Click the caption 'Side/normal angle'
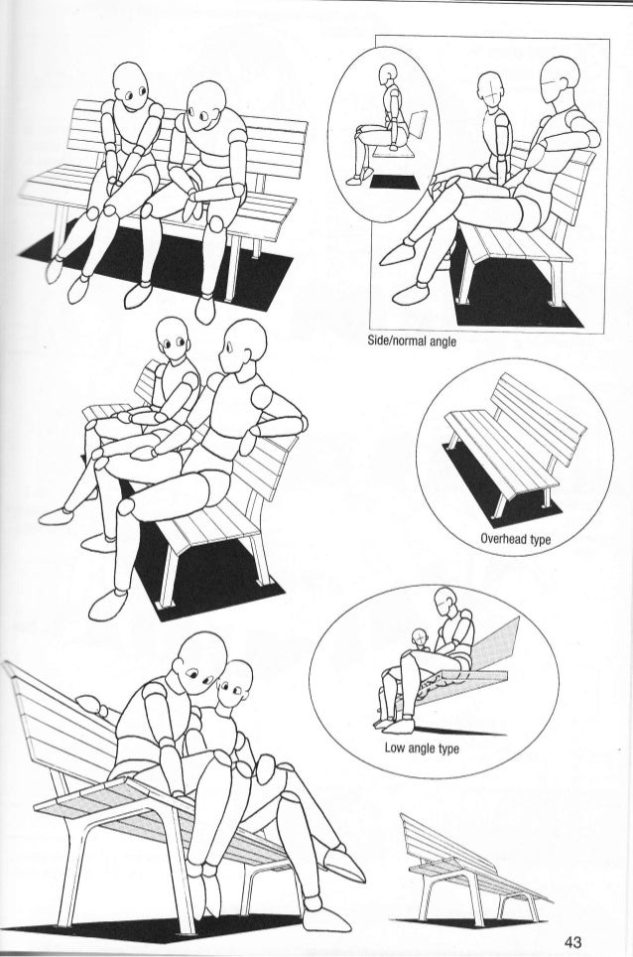412,342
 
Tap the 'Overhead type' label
515,539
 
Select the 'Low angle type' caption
422,748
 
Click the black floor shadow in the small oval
395,182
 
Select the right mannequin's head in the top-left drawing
205,107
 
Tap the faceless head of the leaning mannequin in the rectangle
560,81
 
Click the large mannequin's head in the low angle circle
445,602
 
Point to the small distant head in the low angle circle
420,638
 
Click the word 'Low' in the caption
395,748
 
